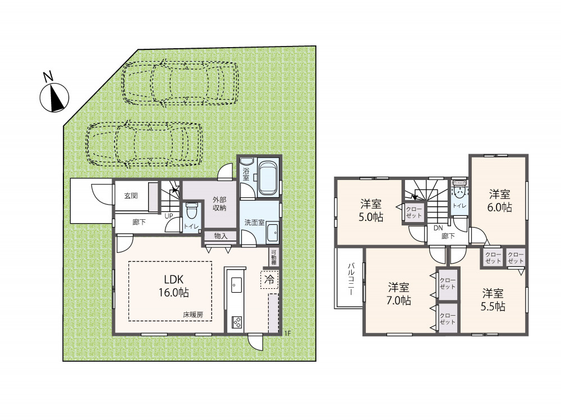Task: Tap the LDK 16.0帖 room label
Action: pyautogui.click(x=174, y=286)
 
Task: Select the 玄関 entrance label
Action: pyautogui.click(x=131, y=196)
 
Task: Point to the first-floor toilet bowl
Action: pyautogui.click(x=192, y=211)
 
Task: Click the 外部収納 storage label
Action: pyautogui.click(x=219, y=204)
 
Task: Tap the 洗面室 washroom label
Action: pyautogui.click(x=254, y=223)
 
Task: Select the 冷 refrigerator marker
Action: pyautogui.click(x=269, y=280)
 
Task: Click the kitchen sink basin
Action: pyautogui.click(x=236, y=285)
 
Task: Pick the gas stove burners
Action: pyautogui.click(x=237, y=322)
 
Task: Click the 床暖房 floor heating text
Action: pyautogui.click(x=193, y=315)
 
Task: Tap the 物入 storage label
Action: pyautogui.click(x=220, y=236)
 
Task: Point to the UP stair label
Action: pyautogui.click(x=168, y=216)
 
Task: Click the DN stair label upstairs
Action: pyautogui.click(x=438, y=228)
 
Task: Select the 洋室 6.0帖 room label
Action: pyautogui.click(x=499, y=201)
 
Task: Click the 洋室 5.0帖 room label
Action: pyautogui.click(x=371, y=211)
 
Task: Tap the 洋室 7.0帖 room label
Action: pyautogui.click(x=398, y=294)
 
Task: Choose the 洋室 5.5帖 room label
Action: pyautogui.click(x=493, y=300)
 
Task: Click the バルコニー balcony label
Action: pyautogui.click(x=351, y=279)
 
